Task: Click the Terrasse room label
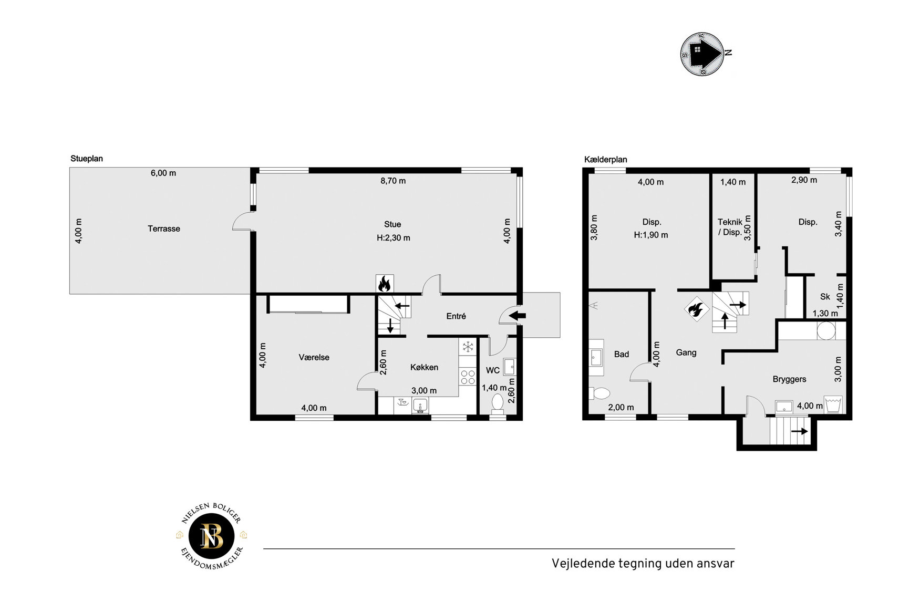coord(164,228)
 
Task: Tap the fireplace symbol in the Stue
coord(384,284)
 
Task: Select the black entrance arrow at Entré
coord(518,316)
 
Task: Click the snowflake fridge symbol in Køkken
coord(467,347)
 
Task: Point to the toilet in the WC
coord(497,402)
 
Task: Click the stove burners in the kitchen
coord(467,377)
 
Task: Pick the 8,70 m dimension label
coord(393,181)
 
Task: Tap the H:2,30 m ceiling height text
coord(394,237)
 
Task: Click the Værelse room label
coord(314,357)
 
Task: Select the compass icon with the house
coord(702,54)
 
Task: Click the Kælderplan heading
coord(606,160)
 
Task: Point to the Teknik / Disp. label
coord(730,227)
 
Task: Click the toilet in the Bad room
coord(599,393)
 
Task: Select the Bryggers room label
coord(789,379)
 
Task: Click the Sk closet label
coord(825,297)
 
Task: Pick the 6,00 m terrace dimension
coord(163,173)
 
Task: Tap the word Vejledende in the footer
coord(583,564)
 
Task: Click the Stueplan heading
coord(87,159)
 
